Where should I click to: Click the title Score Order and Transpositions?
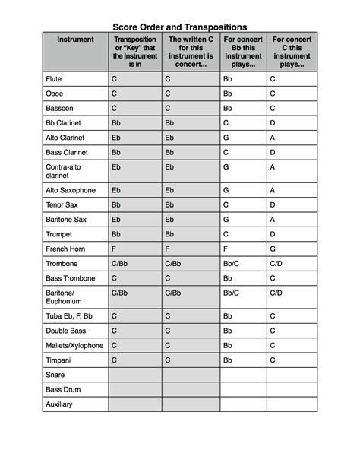pos(180,27)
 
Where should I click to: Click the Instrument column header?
pos(75,40)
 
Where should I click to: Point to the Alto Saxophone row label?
pos(71,190)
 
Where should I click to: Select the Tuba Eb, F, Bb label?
pos(70,315)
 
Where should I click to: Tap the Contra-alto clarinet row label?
pos(64,170)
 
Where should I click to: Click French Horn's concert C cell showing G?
pos(273,249)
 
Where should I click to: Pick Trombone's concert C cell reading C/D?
pos(276,264)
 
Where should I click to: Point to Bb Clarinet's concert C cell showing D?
pos(273,122)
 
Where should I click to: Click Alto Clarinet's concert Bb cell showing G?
pos(226,138)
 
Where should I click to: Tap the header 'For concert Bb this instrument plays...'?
pos(243,52)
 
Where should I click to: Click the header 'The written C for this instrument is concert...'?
pos(191,52)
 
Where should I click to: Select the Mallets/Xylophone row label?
pos(74,345)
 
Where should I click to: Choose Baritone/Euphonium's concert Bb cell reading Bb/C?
pos(231,292)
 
